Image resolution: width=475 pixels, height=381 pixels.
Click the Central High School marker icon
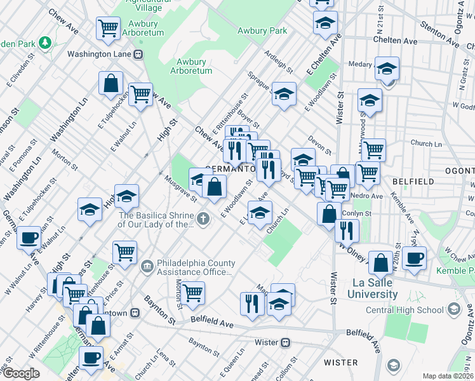point(453,310)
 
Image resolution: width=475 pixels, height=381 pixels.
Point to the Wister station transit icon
point(286,343)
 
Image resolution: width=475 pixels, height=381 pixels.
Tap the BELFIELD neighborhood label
point(412,181)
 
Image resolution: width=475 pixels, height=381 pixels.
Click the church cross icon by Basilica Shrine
point(203,219)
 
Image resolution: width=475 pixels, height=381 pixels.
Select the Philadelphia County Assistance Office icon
point(147,265)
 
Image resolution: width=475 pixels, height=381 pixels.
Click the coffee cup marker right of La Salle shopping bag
point(414,258)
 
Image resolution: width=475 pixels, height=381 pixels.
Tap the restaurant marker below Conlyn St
point(346,230)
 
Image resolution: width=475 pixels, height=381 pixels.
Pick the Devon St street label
point(319,145)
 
